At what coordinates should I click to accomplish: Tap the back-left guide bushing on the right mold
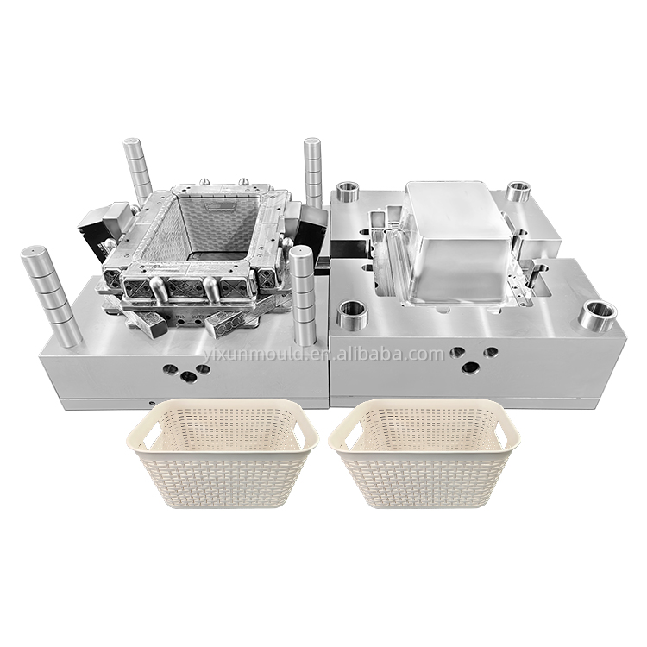[349, 191]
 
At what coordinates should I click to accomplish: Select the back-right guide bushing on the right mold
[518, 191]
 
